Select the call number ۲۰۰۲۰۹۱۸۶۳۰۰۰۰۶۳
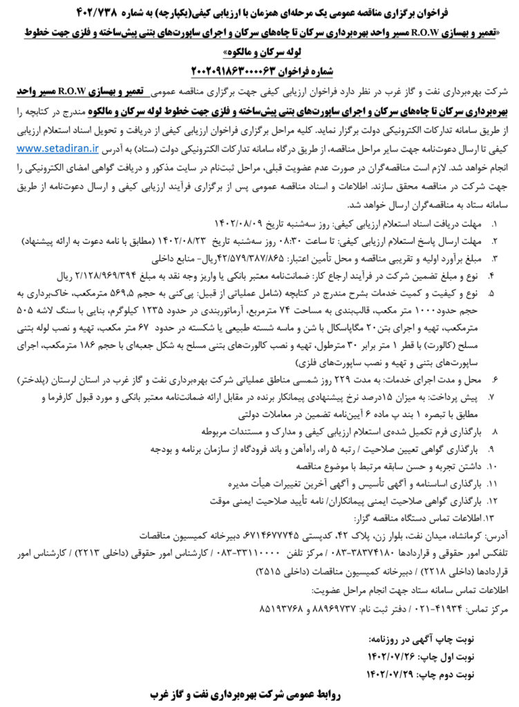coord(235,70)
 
